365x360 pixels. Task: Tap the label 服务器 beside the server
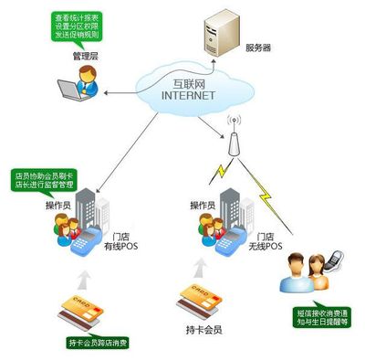tap(259, 46)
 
